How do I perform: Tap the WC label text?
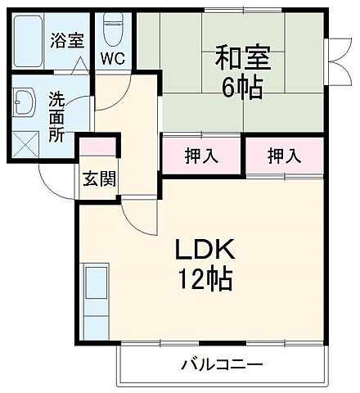(113, 59)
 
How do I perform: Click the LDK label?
(207, 248)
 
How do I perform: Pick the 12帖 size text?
(207, 280)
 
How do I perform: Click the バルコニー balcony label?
(221, 364)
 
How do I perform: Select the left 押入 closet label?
(202, 156)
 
